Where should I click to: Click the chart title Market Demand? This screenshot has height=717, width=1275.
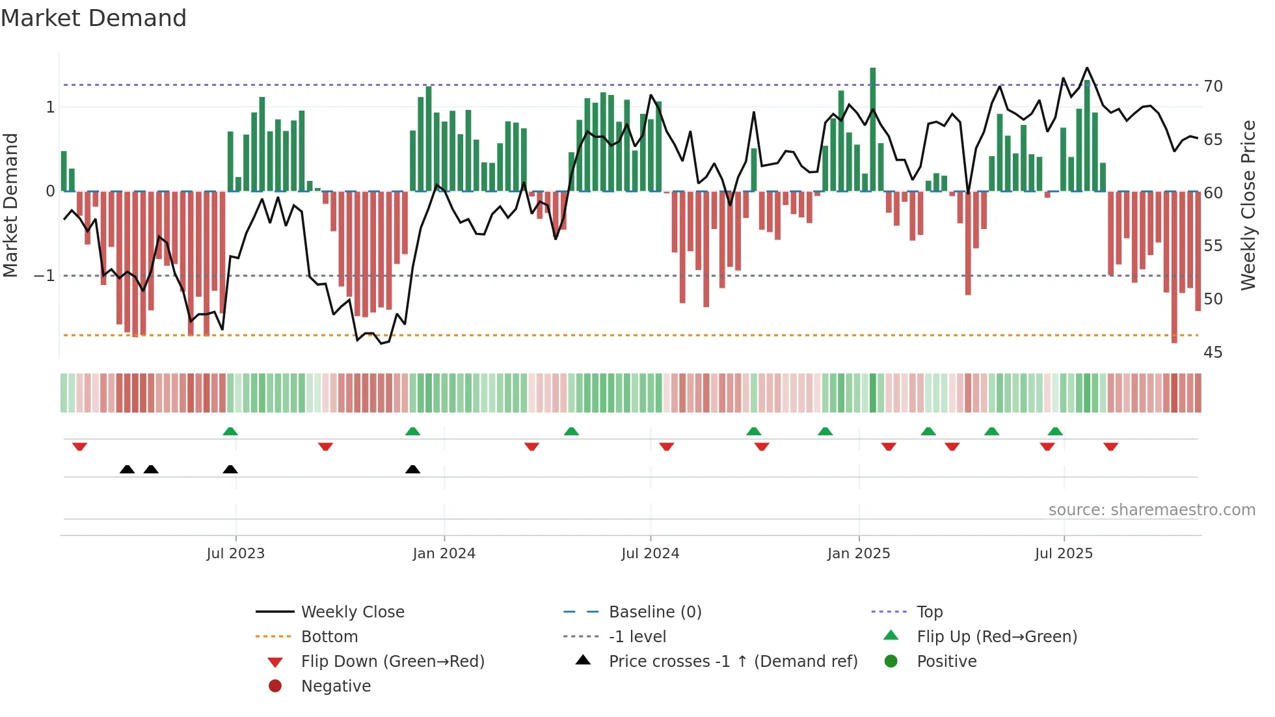tap(94, 18)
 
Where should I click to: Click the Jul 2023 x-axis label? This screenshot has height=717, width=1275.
tap(235, 554)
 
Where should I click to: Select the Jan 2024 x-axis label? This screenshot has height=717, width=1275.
tap(444, 554)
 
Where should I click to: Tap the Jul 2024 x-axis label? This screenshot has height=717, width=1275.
tap(650, 554)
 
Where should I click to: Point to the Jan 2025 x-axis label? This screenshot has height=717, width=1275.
tap(859, 554)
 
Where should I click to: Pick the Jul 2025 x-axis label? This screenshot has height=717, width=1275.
tap(1064, 554)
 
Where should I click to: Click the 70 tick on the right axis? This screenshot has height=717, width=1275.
tap(1213, 86)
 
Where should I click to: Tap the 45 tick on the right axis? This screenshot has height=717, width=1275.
tap(1213, 353)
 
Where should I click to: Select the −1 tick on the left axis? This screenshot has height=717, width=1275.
tap(45, 276)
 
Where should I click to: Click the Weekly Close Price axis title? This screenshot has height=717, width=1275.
tap(1248, 205)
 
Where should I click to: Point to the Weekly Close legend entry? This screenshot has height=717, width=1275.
tap(352, 612)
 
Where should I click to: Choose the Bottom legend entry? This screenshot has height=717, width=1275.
tap(329, 637)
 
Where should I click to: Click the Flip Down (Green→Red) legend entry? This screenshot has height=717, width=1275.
tap(392, 662)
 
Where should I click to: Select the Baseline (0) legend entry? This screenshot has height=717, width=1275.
tap(654, 612)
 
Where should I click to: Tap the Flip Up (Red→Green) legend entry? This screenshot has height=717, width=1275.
tap(997, 637)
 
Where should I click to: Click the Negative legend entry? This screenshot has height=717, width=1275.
tap(336, 686)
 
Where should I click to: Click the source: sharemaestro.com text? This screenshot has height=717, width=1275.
tap(1151, 510)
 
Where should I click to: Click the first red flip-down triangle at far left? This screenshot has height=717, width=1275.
tap(79, 446)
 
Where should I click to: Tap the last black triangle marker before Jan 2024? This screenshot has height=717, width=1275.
tap(412, 469)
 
